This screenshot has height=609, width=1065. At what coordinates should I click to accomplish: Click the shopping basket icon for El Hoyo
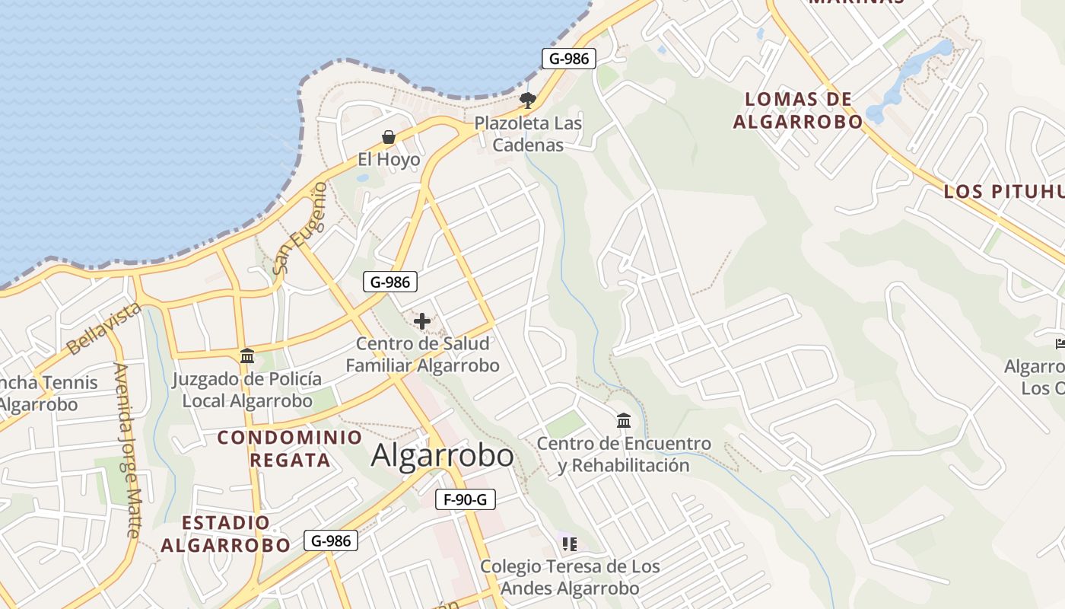[389, 137]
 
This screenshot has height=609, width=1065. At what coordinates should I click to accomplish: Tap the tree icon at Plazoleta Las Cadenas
[527, 100]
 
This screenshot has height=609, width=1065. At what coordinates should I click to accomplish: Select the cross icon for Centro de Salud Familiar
[422, 321]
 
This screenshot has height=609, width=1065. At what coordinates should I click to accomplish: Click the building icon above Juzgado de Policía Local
[247, 356]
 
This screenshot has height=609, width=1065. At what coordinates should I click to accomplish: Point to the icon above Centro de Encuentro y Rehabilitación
[624, 420]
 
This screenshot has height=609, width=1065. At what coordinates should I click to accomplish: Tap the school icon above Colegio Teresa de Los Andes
[570, 544]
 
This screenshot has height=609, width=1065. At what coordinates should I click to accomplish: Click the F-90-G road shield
[466, 499]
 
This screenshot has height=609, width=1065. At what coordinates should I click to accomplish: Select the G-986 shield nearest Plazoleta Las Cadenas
[568, 59]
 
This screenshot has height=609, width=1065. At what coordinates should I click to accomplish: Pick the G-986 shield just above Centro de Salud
[390, 282]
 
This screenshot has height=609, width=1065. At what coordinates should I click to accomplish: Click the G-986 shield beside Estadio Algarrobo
[331, 540]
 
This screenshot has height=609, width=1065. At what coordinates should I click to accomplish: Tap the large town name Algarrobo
[442, 455]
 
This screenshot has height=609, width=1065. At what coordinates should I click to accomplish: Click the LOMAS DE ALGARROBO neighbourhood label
[798, 110]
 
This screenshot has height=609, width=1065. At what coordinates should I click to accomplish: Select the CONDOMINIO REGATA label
[290, 448]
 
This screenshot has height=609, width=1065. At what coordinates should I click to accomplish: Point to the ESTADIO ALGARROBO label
[226, 534]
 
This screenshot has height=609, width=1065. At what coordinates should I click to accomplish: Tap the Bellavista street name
[104, 328]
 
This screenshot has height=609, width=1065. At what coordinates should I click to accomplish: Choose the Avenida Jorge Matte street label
[126, 449]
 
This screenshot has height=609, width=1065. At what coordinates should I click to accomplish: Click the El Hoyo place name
[389, 159]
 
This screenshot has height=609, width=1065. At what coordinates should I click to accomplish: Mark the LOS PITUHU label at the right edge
[1003, 191]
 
